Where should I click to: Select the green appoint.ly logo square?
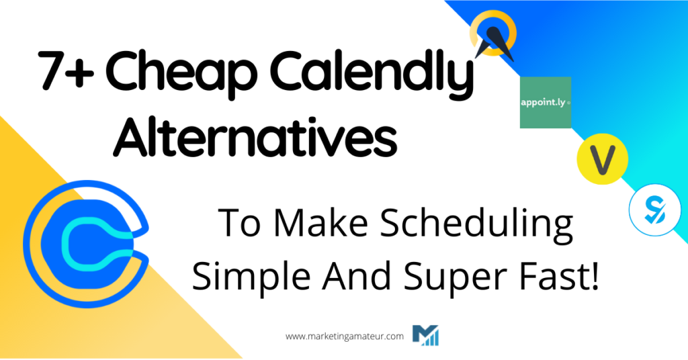(x=545, y=103)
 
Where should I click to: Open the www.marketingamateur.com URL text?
(x=345, y=336)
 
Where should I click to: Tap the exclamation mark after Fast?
(x=593, y=277)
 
